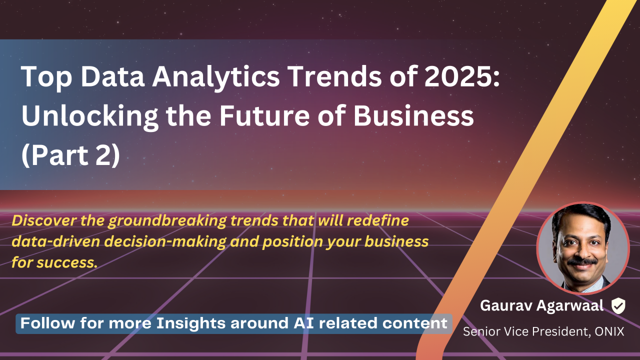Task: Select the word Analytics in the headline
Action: pyautogui.click(x=215, y=77)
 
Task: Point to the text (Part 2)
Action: pyautogui.click(x=70, y=155)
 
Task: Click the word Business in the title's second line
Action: pyautogui.click(x=413, y=115)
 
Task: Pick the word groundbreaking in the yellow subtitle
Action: pyautogui.click(x=167, y=221)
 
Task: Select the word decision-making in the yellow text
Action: pyautogui.click(x=165, y=242)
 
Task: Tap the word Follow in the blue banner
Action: pyautogui.click(x=47, y=323)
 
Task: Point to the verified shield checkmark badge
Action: pyautogui.click(x=618, y=305)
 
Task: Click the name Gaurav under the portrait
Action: pyautogui.click(x=506, y=305)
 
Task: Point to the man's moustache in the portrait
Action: pyautogui.click(x=582, y=261)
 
